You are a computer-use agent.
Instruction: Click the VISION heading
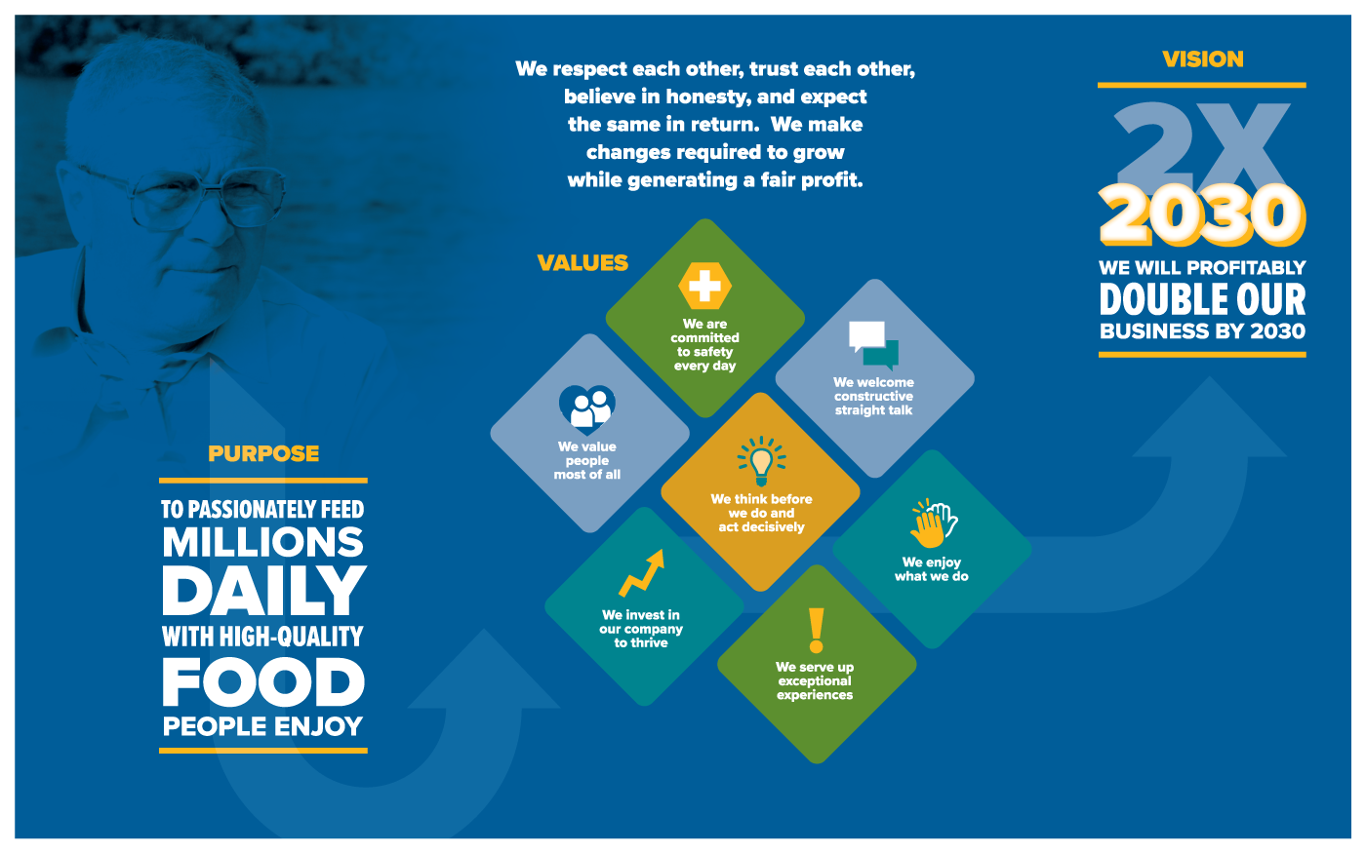pyautogui.click(x=1202, y=59)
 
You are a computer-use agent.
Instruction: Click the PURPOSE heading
pyautogui.click(x=263, y=454)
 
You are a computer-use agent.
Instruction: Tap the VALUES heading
pyautogui.click(x=583, y=263)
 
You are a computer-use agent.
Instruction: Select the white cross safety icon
pyautogui.click(x=704, y=286)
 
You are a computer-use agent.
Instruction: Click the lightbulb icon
pyautogui.click(x=761, y=461)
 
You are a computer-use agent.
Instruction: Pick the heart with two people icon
pyautogui.click(x=586, y=408)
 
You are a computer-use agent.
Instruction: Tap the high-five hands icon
pyautogui.click(x=934, y=523)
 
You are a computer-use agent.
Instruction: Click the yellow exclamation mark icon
pyautogui.click(x=816, y=631)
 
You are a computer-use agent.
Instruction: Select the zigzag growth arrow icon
pyautogui.click(x=642, y=573)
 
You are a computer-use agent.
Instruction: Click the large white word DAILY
pyautogui.click(x=264, y=591)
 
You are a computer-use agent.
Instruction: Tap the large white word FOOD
pyautogui.click(x=263, y=681)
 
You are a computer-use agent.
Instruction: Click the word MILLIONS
pyautogui.click(x=262, y=542)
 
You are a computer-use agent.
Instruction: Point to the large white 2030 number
pyautogui.click(x=1202, y=214)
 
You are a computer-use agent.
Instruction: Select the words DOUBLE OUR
pyautogui.click(x=1202, y=300)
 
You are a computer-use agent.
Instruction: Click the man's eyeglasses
pyautogui.click(x=183, y=194)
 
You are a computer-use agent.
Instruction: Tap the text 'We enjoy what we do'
pyautogui.click(x=931, y=569)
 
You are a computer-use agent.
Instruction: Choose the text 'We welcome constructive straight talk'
pyautogui.click(x=874, y=396)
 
